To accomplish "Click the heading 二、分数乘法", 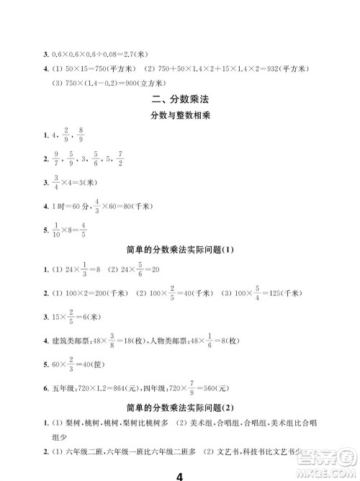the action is point(180,99).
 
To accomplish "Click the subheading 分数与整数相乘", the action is point(180,116).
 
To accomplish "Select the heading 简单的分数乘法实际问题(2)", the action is point(180,407).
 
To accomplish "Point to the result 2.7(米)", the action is point(138,53).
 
